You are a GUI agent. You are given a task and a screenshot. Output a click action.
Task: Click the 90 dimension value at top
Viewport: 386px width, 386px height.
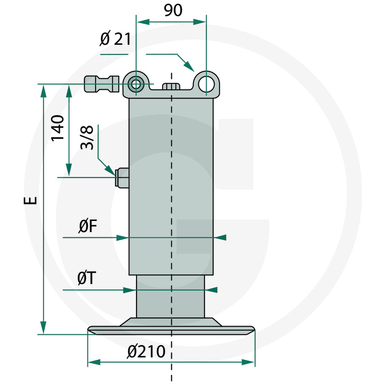(173, 10)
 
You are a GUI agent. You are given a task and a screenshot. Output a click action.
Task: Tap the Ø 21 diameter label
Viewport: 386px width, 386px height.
(115, 39)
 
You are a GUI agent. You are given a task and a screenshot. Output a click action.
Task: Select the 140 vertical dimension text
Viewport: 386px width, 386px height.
(57, 128)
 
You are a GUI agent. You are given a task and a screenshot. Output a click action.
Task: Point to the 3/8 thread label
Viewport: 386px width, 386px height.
(87, 138)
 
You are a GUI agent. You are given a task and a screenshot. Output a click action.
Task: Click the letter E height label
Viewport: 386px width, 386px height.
(30, 200)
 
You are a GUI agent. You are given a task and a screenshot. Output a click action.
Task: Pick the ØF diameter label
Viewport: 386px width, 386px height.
(88, 226)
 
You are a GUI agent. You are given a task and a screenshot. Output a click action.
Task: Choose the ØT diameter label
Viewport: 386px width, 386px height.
(86, 278)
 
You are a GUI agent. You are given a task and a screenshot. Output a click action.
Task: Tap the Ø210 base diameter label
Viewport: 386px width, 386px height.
(146, 352)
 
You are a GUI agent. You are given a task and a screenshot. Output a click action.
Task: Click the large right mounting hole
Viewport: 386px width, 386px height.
(207, 84)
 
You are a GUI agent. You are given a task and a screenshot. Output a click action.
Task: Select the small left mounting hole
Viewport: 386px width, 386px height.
(136, 84)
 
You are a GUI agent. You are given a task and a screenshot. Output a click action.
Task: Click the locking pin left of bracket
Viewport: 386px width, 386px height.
(102, 84)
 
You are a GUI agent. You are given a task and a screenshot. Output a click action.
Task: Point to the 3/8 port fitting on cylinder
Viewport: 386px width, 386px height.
(122, 178)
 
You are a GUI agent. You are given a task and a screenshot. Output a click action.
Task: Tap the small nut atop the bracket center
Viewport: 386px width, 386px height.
(171, 86)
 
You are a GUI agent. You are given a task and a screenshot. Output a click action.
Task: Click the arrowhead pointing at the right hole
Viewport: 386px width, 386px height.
(189, 66)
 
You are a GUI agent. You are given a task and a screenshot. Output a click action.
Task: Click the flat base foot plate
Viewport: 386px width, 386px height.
(171, 330)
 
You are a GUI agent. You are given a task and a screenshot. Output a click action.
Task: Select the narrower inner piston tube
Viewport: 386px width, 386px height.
(170, 296)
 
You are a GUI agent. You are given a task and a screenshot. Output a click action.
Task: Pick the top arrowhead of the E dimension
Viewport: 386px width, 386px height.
(43, 92)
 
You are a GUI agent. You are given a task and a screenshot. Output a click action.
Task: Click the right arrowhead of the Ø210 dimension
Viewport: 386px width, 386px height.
(248, 362)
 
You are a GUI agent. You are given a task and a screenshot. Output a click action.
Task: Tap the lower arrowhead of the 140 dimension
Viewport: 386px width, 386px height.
(69, 169)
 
